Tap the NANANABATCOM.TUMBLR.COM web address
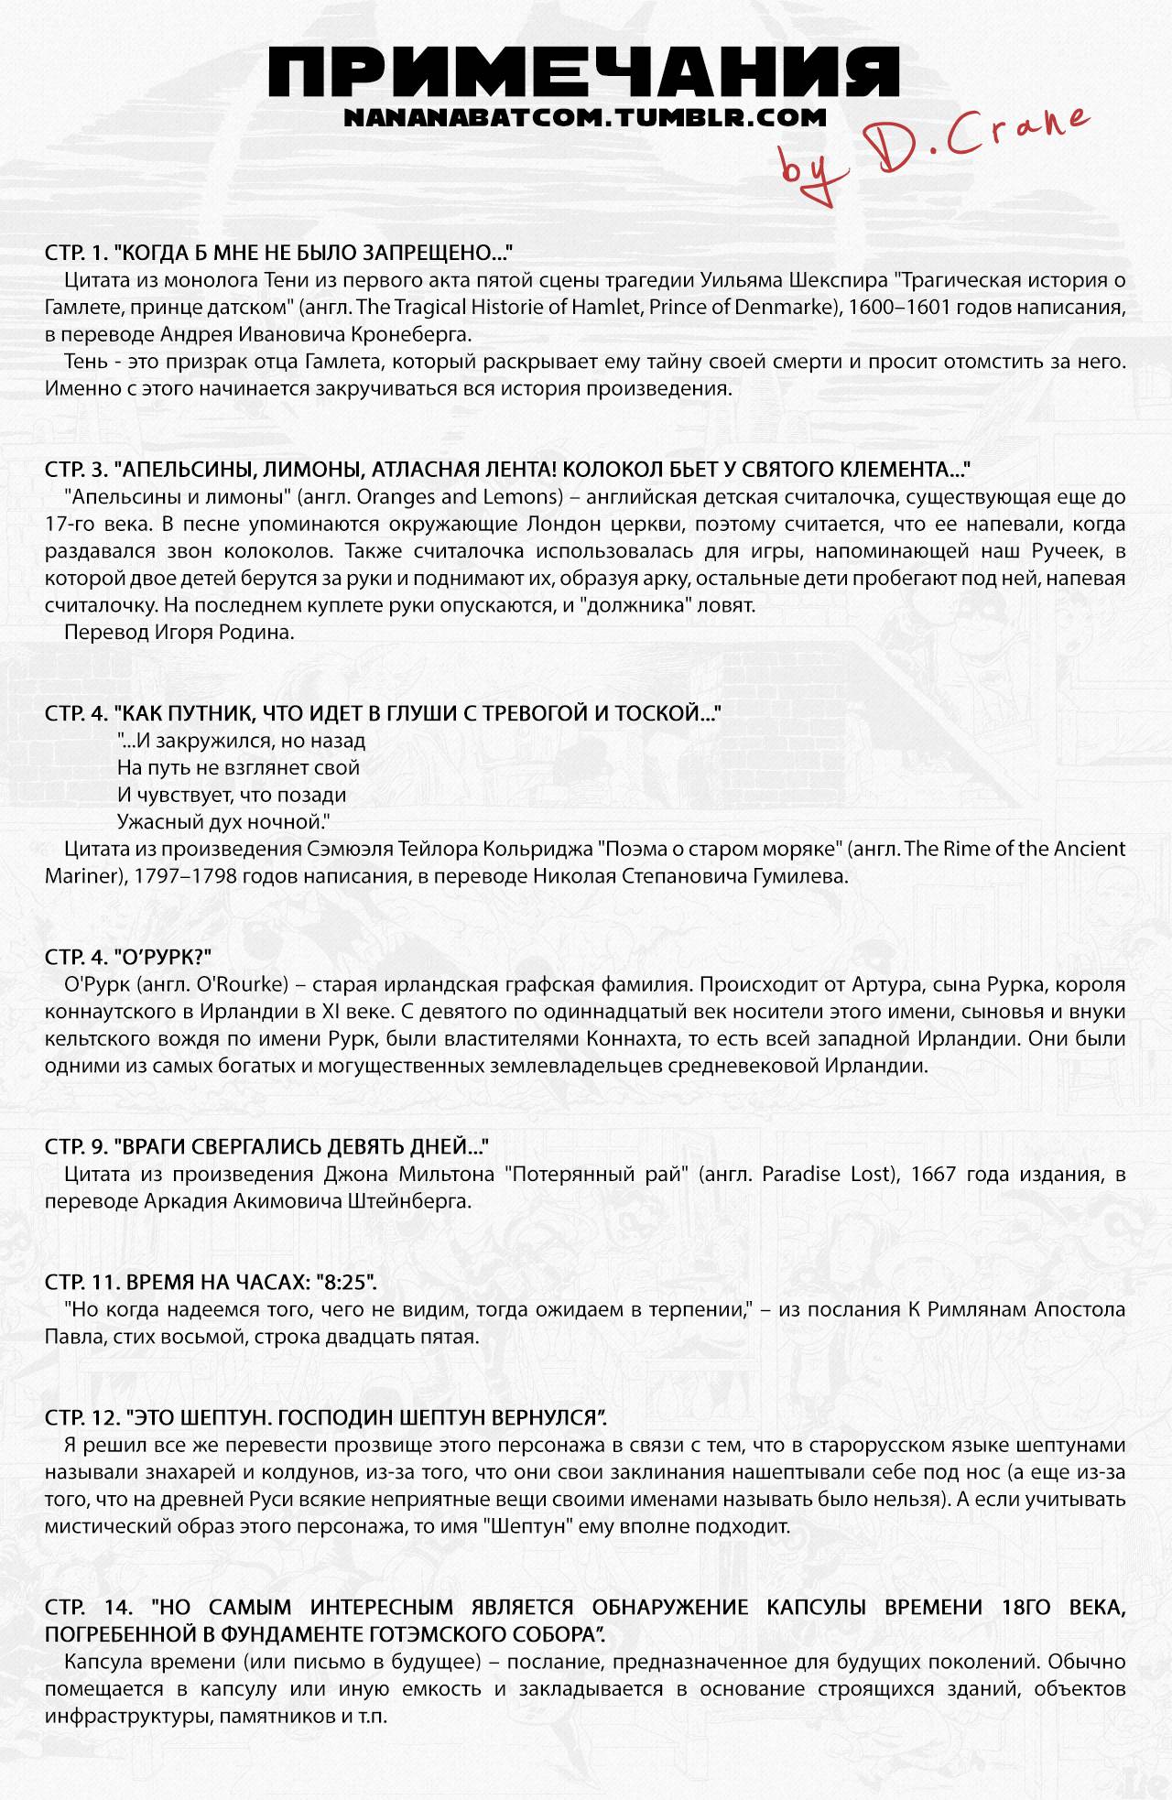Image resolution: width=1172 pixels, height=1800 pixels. (x=586, y=118)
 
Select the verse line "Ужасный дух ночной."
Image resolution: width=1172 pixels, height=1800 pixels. (x=223, y=820)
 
